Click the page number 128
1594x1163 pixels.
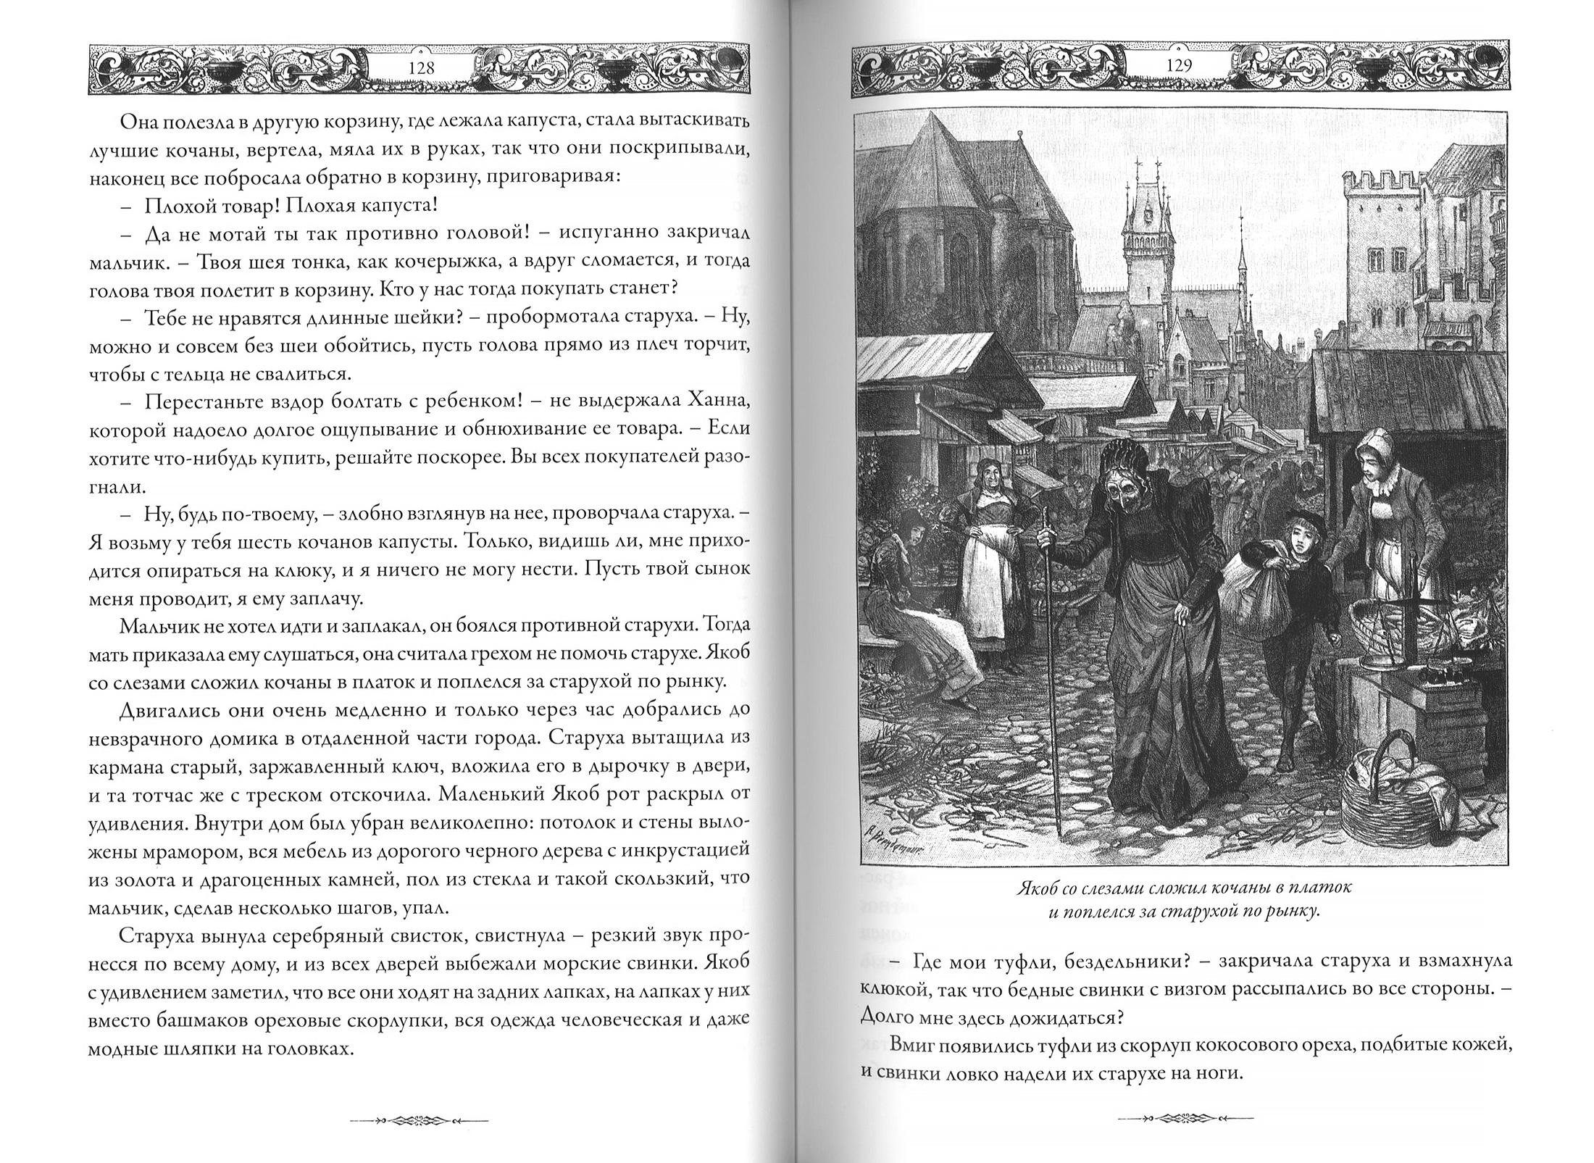(x=421, y=67)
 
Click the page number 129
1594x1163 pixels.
(x=1180, y=66)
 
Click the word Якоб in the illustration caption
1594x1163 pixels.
(x=1036, y=888)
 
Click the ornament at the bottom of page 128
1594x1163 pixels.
(x=420, y=1120)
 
